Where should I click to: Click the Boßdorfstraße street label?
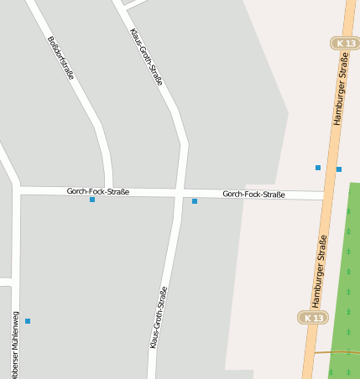[x=61, y=57]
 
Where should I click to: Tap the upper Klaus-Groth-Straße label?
[x=146, y=56]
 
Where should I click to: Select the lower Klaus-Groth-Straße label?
[x=159, y=318]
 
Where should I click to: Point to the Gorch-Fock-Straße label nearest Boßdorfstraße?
[x=98, y=191]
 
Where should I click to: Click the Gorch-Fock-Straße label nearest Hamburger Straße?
[x=253, y=195]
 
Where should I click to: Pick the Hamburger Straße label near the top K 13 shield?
[x=340, y=88]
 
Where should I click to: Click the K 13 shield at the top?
[x=345, y=43]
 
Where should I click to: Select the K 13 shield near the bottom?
[x=313, y=318]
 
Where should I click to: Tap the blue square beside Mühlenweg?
[x=28, y=321]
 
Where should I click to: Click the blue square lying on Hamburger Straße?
[x=339, y=169]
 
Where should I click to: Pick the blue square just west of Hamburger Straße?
[x=318, y=168]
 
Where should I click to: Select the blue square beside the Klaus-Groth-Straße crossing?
[x=195, y=201]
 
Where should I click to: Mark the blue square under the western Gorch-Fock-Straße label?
[x=92, y=200]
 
